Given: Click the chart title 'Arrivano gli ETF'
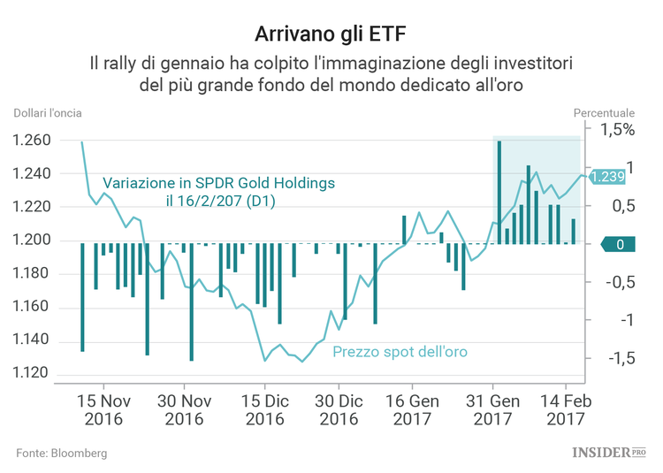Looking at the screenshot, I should point(331,34).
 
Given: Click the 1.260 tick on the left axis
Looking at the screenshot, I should point(32,141).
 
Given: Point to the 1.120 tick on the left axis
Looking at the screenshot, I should point(32,373).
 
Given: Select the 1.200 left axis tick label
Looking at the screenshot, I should point(32,240).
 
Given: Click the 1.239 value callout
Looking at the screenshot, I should point(607,177).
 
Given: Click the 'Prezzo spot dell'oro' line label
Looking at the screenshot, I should point(400,352).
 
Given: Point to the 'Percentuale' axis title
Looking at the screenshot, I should point(604,113).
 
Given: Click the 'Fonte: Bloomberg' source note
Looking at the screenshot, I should point(61,453).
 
